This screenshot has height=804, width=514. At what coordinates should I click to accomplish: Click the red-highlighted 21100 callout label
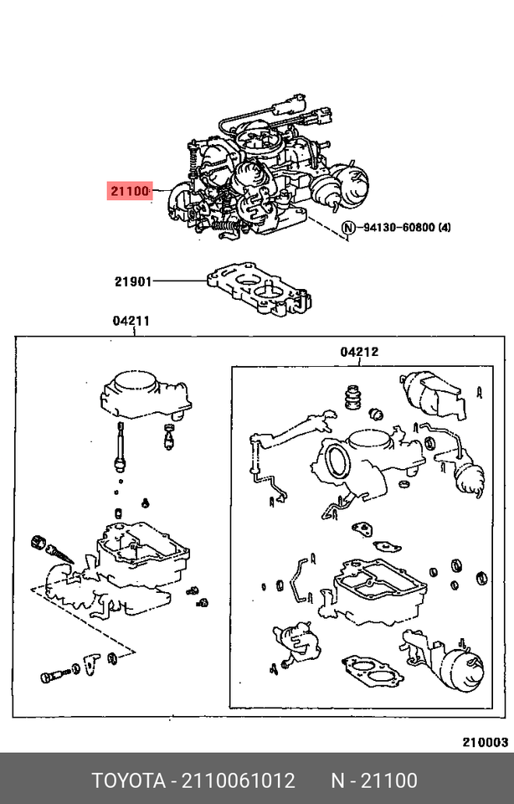point(128,192)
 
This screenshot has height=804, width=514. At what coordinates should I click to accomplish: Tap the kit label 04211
point(131,321)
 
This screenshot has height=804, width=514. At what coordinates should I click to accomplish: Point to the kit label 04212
point(358,352)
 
